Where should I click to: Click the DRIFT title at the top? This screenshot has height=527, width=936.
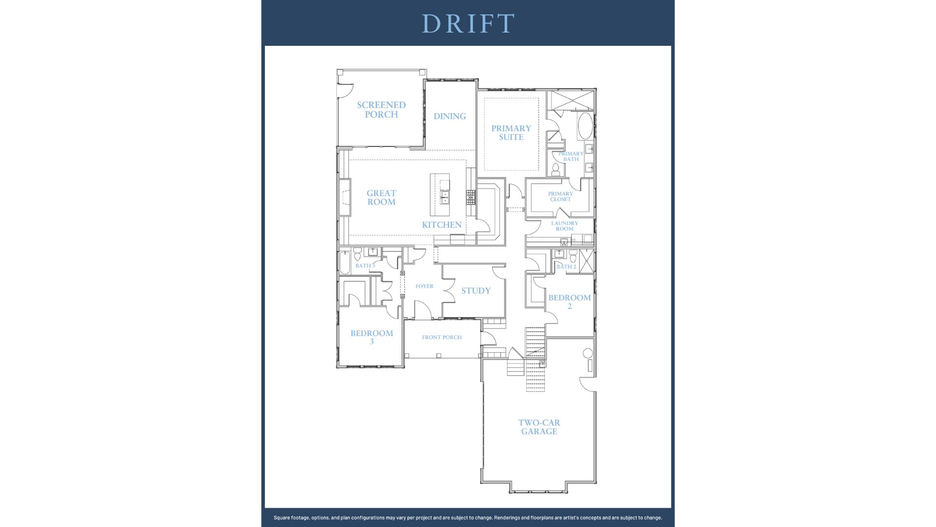468,23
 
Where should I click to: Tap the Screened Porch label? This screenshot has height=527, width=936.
381,109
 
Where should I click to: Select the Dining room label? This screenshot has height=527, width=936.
449,116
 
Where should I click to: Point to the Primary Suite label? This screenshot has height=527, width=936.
511,133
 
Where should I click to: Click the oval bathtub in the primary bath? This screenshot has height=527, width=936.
585,125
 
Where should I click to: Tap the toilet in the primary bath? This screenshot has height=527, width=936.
555,170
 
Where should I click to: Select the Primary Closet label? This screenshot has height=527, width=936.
561,196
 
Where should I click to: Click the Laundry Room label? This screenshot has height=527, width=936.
565,226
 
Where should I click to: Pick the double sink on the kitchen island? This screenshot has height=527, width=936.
445,197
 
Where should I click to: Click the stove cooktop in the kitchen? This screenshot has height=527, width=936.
470,197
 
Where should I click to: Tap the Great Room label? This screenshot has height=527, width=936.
381,198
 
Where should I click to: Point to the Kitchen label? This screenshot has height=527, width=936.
442,225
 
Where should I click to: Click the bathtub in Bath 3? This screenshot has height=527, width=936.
345,263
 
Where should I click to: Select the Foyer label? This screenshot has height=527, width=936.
424,286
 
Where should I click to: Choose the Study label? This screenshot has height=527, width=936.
476,291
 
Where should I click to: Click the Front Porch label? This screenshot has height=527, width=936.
442,337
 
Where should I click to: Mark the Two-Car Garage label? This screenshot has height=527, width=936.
539,427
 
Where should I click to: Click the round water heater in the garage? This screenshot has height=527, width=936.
588,353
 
